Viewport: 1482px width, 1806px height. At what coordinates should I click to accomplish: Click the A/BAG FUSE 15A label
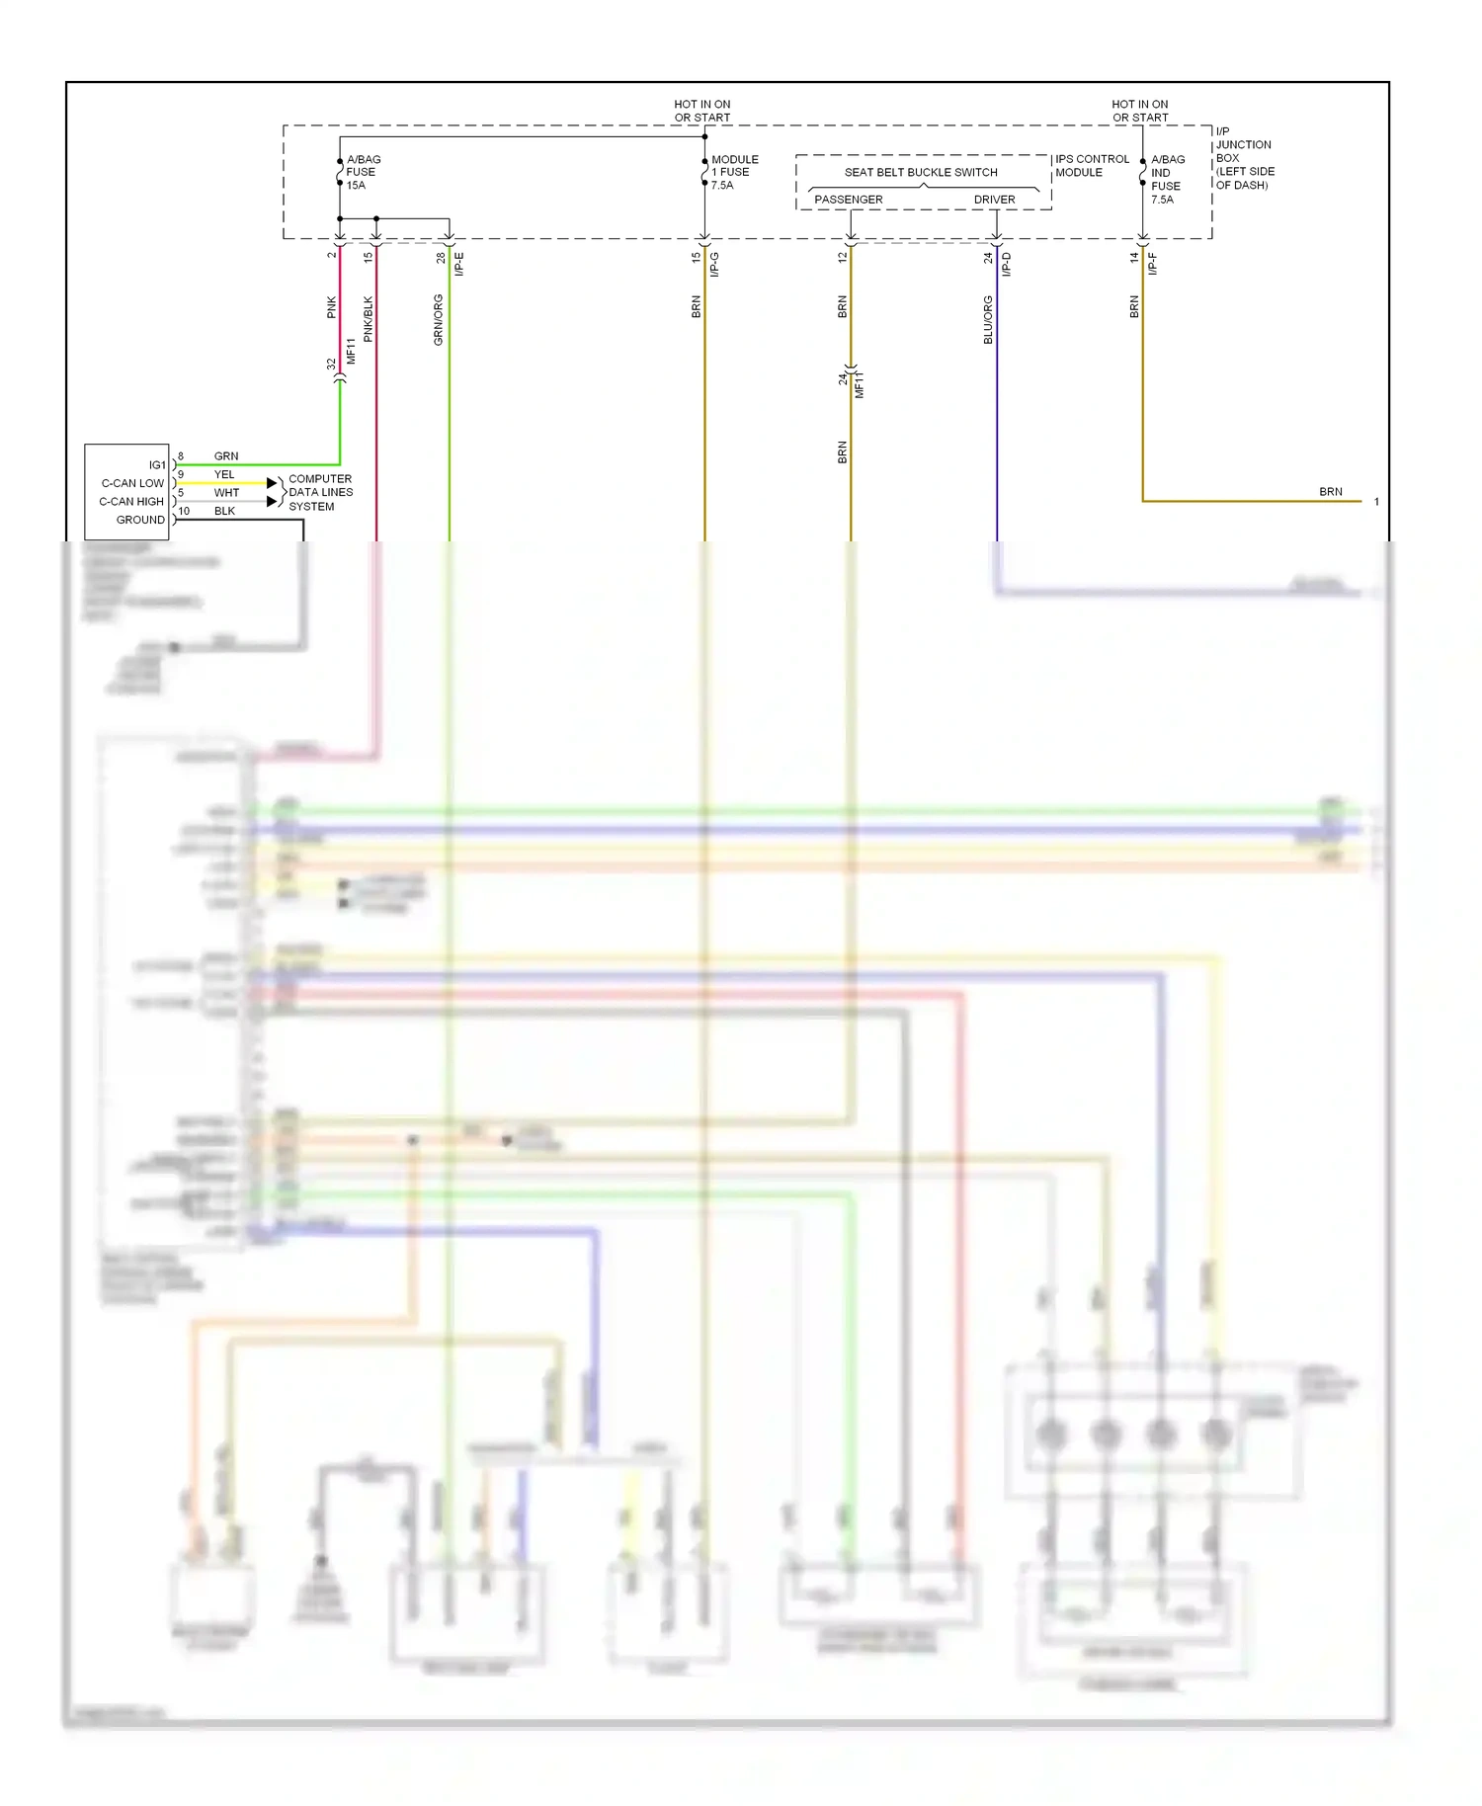[362, 172]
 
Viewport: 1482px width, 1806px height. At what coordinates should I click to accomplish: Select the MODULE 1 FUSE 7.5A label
[734, 172]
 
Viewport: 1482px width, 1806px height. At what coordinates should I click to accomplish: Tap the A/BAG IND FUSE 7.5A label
[1167, 179]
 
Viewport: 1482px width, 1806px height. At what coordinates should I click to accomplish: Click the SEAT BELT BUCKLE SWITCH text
[920, 172]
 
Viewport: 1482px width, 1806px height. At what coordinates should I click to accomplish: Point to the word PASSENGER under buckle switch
[848, 200]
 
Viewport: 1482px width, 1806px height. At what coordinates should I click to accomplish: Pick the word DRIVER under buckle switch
[994, 200]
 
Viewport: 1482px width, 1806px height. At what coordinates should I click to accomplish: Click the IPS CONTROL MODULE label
[1091, 165]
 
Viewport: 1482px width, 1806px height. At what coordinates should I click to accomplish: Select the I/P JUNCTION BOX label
[1243, 158]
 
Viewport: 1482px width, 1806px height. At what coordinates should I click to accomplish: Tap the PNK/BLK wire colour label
[369, 319]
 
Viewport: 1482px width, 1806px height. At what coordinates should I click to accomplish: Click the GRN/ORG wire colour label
[438, 319]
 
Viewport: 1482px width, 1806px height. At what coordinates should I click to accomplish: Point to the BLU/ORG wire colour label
[988, 319]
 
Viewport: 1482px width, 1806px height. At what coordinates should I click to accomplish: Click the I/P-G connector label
[714, 264]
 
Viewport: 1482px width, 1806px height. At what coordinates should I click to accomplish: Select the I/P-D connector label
[1007, 264]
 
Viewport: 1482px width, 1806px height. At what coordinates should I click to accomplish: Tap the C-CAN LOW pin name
[132, 483]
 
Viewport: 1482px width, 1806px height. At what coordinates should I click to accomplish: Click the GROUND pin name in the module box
[140, 520]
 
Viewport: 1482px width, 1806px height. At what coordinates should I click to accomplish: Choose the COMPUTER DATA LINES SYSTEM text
[319, 492]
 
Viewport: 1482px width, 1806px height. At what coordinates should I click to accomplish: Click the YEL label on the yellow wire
[224, 474]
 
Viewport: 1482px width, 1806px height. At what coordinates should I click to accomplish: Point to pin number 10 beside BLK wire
[184, 511]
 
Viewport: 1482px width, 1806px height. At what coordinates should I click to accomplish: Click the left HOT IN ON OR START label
[701, 111]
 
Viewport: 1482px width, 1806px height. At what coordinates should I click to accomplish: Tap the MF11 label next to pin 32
[351, 351]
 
